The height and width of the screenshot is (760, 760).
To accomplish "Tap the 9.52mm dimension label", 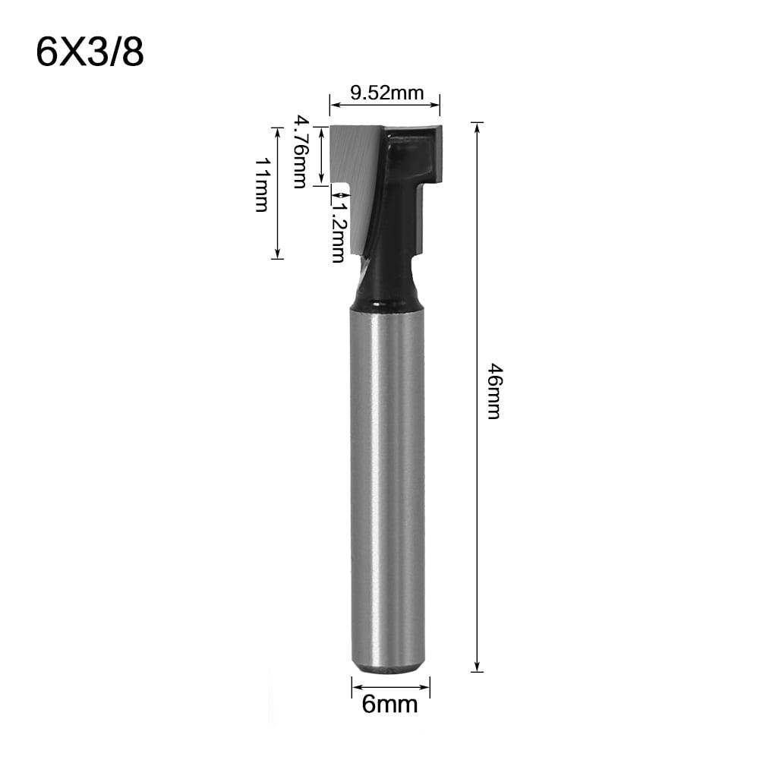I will pyautogui.click(x=386, y=93).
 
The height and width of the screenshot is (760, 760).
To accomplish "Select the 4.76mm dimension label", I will pyautogui.click(x=301, y=152).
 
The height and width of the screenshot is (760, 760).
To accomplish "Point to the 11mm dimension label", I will pyautogui.click(x=261, y=184).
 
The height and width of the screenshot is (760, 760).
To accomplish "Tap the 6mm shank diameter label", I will pyautogui.click(x=389, y=705).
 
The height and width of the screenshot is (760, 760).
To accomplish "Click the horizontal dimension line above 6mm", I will pyautogui.click(x=390, y=688).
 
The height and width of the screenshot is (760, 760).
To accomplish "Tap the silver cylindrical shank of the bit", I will pyautogui.click(x=387, y=486).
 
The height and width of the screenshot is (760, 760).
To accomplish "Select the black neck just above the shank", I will pyautogui.click(x=387, y=285).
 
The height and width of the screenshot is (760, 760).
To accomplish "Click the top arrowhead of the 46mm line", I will pyautogui.click(x=478, y=126).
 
